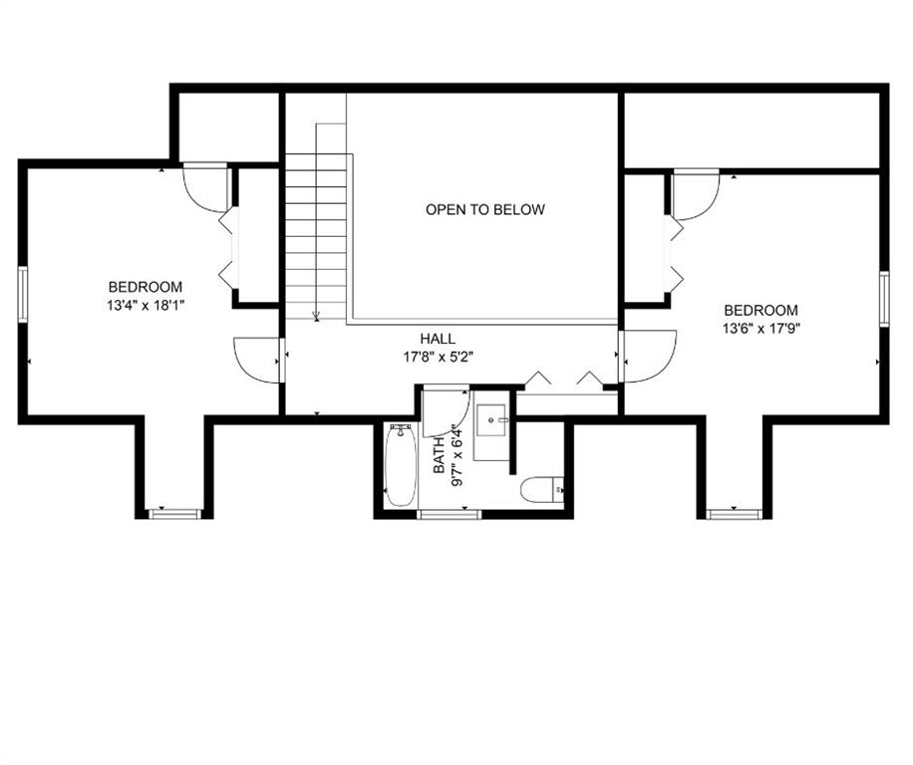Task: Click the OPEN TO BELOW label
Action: pyautogui.click(x=485, y=209)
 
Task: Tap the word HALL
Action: pyautogui.click(x=438, y=339)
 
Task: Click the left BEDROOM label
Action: pyautogui.click(x=146, y=287)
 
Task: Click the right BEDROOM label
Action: pyautogui.click(x=761, y=310)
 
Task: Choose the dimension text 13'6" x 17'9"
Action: pyautogui.click(x=761, y=327)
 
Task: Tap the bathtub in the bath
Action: pyautogui.click(x=401, y=464)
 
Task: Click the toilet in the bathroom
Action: pyautogui.click(x=542, y=489)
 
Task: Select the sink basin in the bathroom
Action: pyautogui.click(x=493, y=423)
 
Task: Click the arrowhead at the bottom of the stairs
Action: pyautogui.click(x=316, y=317)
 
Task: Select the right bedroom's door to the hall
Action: pyautogui.click(x=648, y=356)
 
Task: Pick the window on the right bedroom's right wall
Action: pyautogui.click(x=883, y=299)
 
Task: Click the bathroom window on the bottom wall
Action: pyautogui.click(x=449, y=514)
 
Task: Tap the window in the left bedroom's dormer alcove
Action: pyautogui.click(x=174, y=514)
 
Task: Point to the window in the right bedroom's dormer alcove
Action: pyautogui.click(x=734, y=514)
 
